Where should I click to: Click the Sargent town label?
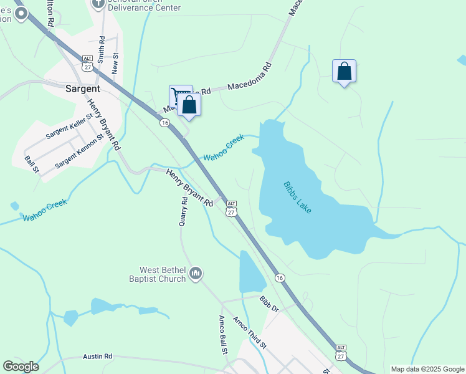tap(83, 89)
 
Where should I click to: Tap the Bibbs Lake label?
tap(297, 197)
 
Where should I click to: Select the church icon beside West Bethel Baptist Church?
tap(196, 273)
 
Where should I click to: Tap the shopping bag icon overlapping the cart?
tap(189, 105)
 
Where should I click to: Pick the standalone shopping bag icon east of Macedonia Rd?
tap(344, 72)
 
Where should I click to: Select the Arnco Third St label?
tap(249, 333)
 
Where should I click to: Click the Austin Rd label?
tap(97, 357)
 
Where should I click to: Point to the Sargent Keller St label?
tap(69, 125)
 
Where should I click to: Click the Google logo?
tap(21, 367)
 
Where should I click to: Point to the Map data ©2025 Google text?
tap(427, 369)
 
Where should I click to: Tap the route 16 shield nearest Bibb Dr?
tap(280, 277)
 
